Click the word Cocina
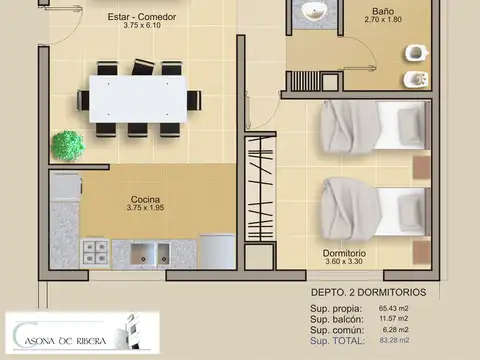(146, 198)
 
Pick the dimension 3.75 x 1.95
(146, 208)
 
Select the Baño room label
(381, 10)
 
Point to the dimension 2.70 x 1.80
(381, 20)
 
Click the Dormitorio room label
(344, 253)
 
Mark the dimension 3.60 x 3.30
(344, 263)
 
